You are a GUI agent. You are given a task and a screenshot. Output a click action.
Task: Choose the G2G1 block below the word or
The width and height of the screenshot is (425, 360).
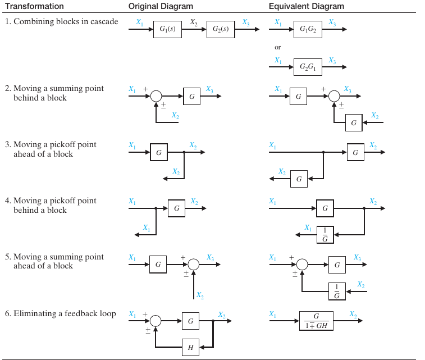[308, 67]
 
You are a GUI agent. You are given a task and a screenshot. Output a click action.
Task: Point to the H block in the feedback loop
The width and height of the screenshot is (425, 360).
[190, 348]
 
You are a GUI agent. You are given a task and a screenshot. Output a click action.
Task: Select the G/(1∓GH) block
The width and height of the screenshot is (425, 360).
[316, 321]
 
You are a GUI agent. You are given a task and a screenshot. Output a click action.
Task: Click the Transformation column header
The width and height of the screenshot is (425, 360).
[34, 6]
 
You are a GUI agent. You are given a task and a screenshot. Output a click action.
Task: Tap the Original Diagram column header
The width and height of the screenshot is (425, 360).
[161, 6]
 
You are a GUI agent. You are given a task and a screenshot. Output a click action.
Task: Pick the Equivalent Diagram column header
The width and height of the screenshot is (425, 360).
[307, 6]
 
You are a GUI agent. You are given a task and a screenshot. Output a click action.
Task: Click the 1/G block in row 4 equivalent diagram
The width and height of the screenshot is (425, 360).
[325, 235]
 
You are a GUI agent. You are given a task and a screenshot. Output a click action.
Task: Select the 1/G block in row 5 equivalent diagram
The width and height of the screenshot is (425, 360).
[337, 291]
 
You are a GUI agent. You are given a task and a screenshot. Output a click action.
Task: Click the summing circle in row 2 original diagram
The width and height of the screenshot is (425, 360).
[156, 96]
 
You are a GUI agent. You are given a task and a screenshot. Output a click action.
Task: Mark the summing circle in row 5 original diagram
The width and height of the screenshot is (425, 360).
[193, 264]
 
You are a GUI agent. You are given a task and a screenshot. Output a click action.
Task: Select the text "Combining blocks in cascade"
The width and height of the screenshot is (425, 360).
[66, 21]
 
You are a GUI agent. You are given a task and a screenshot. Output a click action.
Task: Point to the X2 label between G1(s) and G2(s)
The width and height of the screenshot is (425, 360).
[194, 22]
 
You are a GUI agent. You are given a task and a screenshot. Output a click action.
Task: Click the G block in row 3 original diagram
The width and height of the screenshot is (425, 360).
[158, 152]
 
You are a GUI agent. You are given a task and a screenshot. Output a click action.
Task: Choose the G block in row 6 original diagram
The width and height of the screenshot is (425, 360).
[190, 321]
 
